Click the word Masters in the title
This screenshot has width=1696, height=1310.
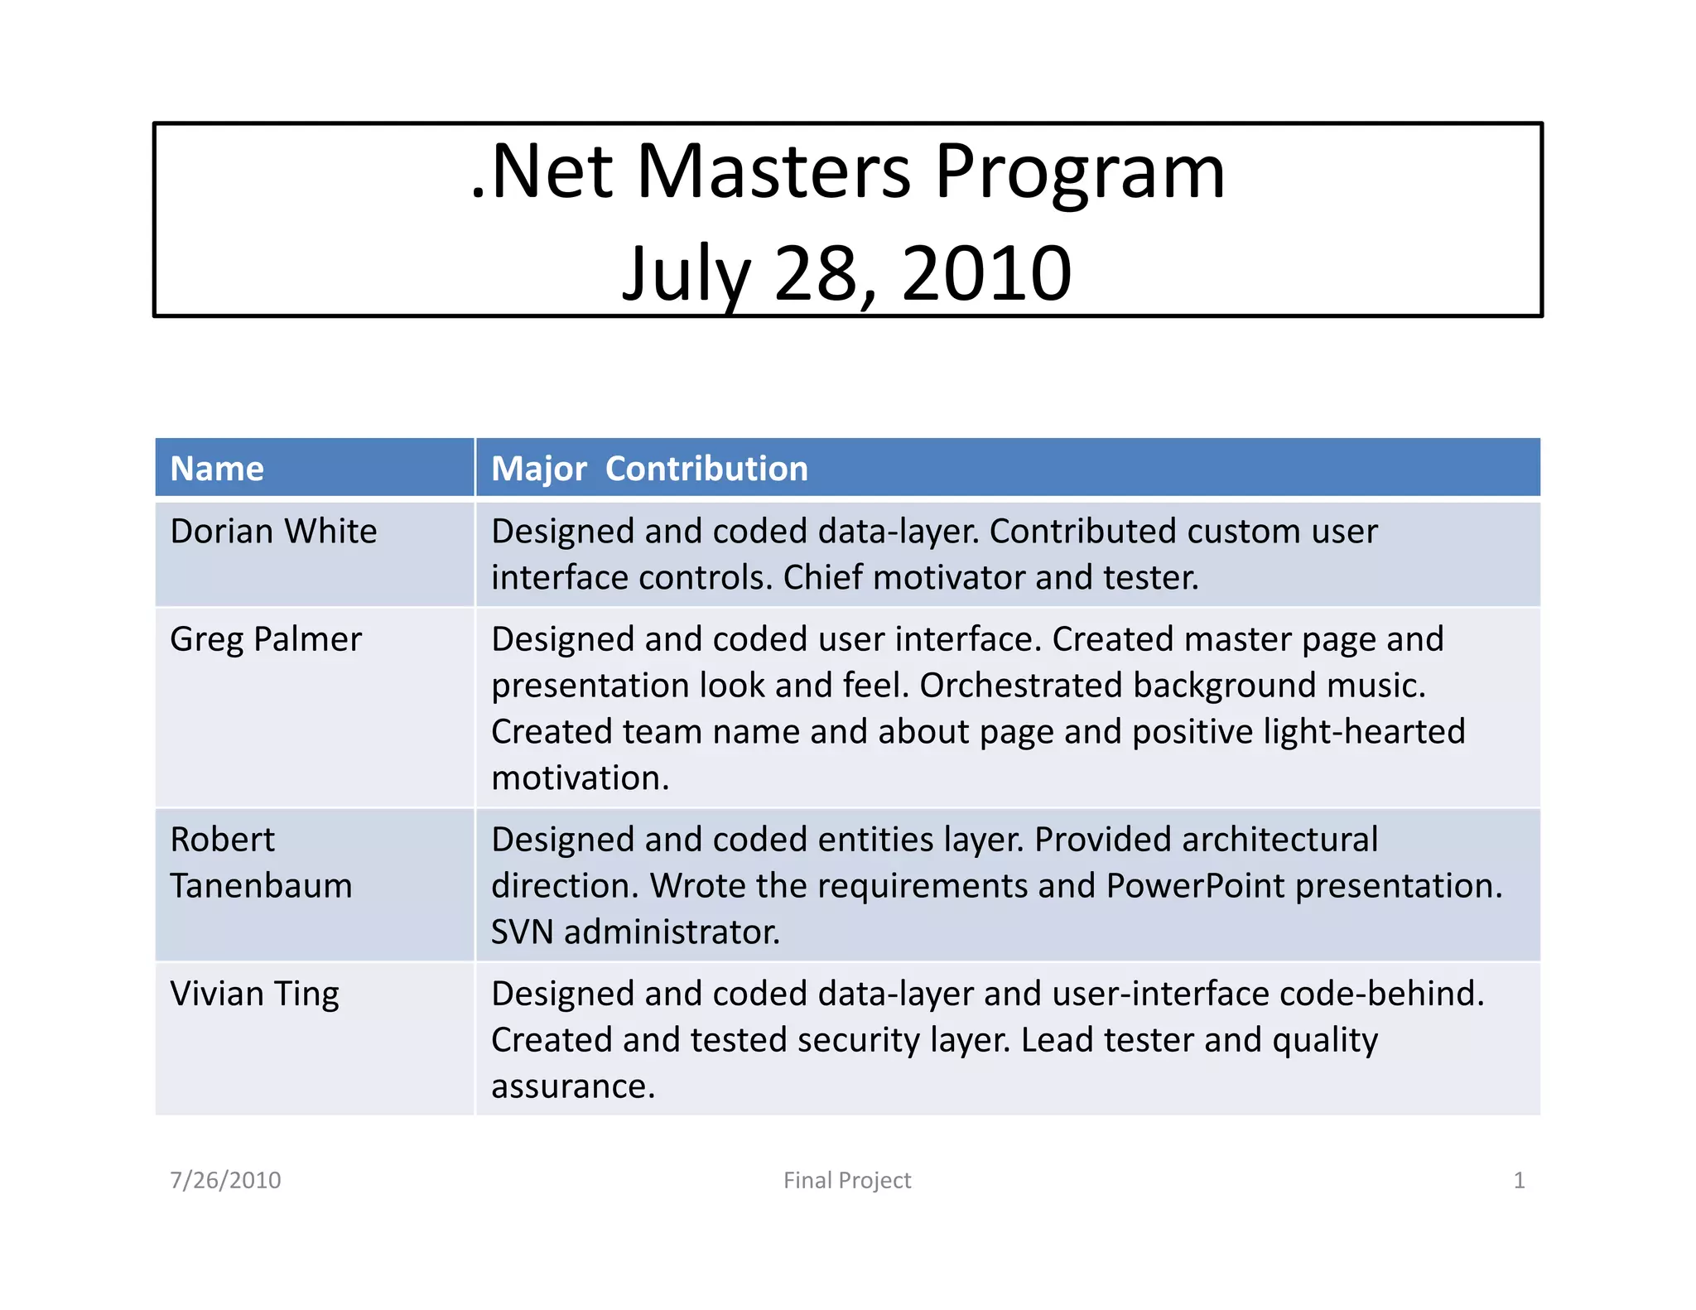(x=773, y=171)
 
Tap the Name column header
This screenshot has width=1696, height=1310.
(x=217, y=469)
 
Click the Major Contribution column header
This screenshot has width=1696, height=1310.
(x=649, y=469)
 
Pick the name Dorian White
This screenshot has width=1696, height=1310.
(x=273, y=531)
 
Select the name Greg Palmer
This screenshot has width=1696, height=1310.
(x=266, y=639)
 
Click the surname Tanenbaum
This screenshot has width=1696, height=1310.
(x=261, y=886)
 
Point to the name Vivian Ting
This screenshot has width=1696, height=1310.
(x=254, y=994)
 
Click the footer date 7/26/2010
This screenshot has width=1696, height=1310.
(x=225, y=1180)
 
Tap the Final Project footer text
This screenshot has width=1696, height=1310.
(x=847, y=1180)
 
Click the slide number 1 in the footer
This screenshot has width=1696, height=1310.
(x=1519, y=1180)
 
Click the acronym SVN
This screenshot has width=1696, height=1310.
(x=522, y=932)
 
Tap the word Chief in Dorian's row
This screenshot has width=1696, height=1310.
(x=821, y=578)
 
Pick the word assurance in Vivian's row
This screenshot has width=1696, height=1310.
(x=572, y=1086)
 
